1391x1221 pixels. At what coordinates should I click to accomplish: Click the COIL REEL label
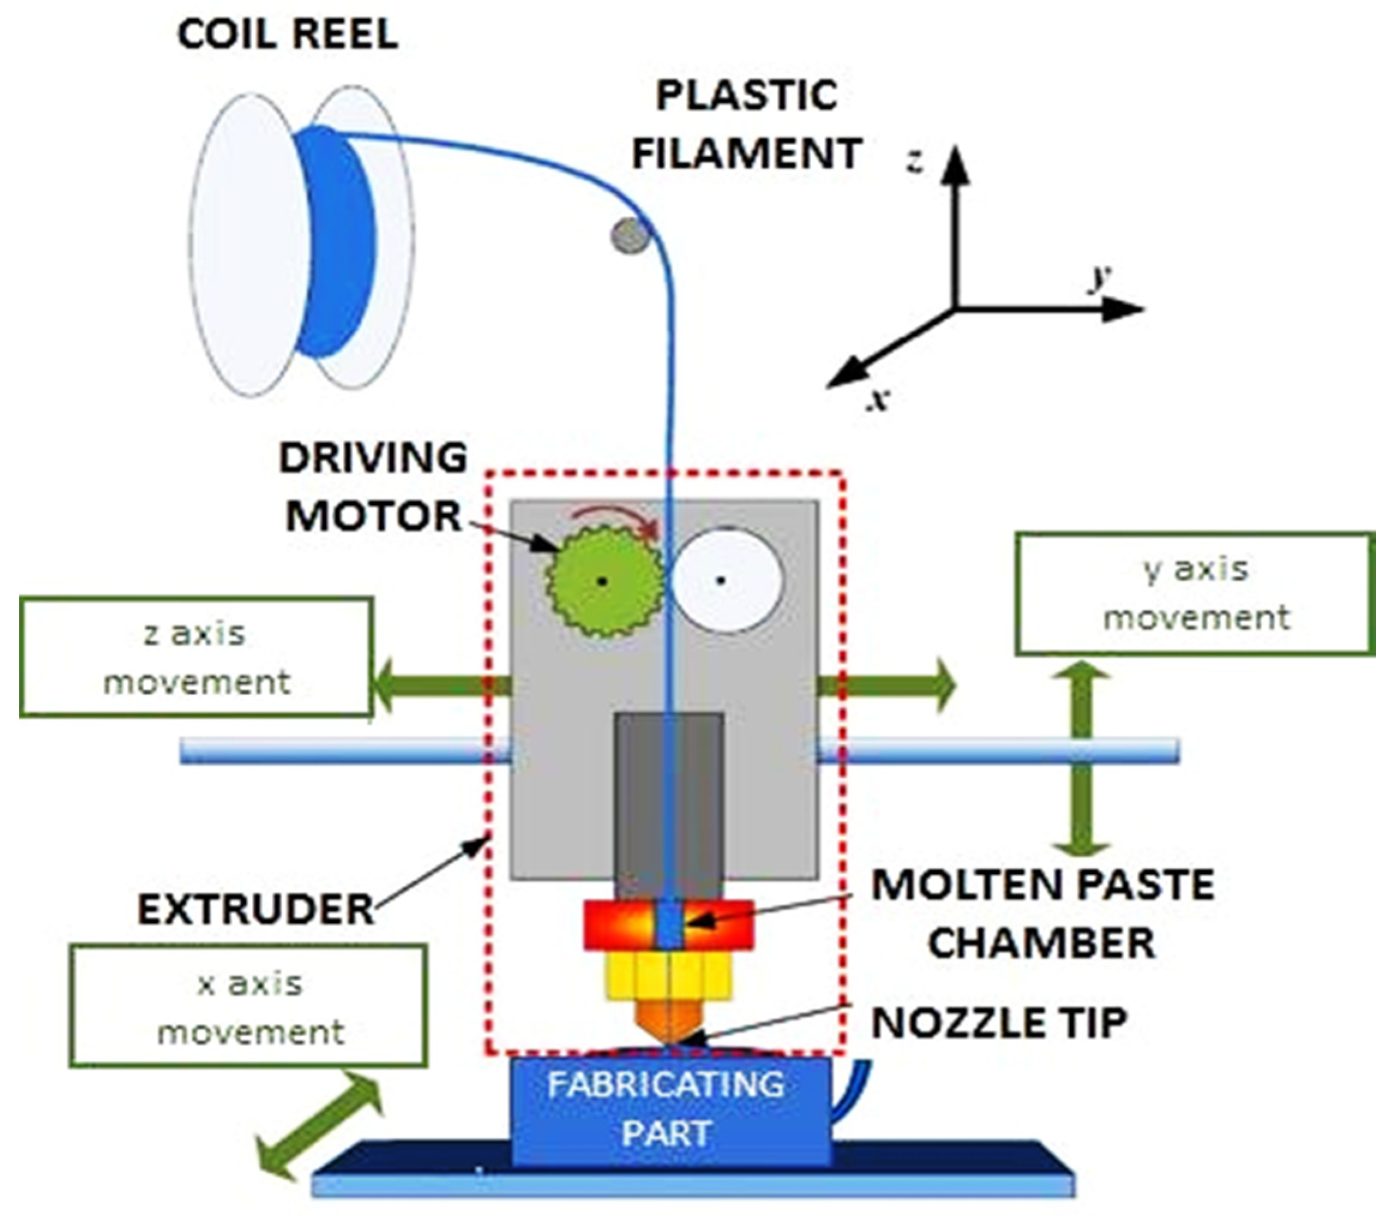287,35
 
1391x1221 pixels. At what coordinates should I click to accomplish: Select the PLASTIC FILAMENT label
748,124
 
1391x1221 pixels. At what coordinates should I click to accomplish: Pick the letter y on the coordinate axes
1100,277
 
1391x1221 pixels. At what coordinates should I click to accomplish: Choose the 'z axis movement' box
196,657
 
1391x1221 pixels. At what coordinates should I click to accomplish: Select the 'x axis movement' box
248,1007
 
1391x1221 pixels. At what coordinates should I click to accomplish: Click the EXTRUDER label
256,910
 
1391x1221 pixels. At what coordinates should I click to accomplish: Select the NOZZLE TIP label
999,1022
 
